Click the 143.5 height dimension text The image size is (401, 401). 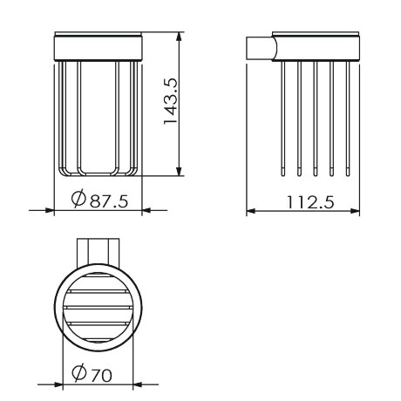[171, 101]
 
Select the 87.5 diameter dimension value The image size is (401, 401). [109, 200]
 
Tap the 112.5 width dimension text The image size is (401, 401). [310, 202]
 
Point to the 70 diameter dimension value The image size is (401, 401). [101, 375]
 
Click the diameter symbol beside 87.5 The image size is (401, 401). [78, 198]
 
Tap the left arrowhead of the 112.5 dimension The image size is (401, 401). [251, 211]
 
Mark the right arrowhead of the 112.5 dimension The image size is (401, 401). [355, 211]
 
